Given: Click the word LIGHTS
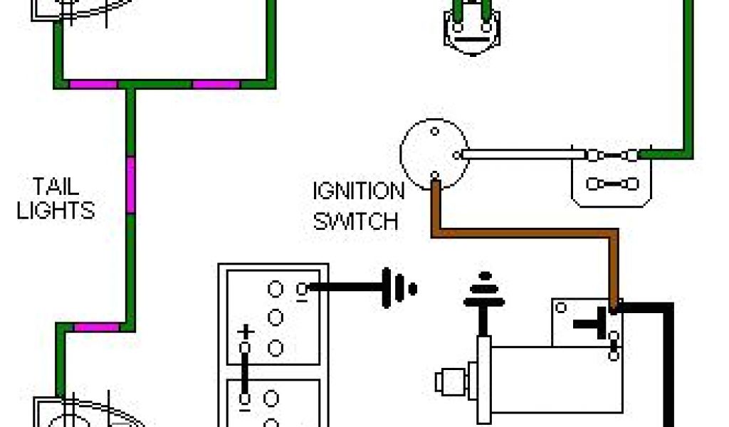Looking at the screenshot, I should click(x=56, y=211).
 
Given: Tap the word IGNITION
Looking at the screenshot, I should click(x=358, y=191).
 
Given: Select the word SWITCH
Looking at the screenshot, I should click(x=355, y=221).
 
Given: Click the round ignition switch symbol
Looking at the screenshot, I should click(x=434, y=153).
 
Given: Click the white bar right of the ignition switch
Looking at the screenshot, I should click(x=520, y=154).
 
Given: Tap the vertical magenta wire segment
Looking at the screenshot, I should click(x=130, y=184).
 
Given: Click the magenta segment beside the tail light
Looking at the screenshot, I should click(x=96, y=327).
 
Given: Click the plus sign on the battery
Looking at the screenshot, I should click(x=245, y=332).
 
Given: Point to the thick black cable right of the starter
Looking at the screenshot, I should click(x=668, y=363).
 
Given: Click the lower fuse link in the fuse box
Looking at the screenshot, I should click(x=611, y=184).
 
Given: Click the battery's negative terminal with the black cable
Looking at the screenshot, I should click(x=303, y=288).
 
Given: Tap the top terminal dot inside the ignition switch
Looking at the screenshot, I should click(x=434, y=131).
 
